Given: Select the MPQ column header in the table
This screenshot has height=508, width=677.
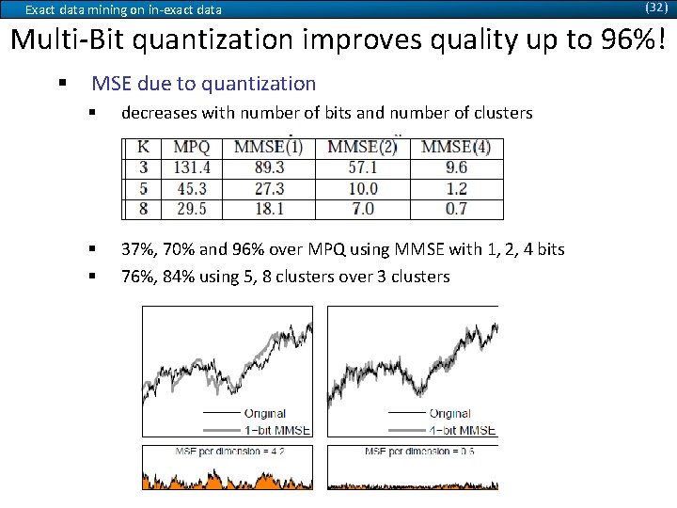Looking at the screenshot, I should click(x=192, y=148).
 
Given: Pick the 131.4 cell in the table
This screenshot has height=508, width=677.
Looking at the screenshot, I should click(x=192, y=167).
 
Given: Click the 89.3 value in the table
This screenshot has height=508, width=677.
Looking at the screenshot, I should click(x=268, y=167).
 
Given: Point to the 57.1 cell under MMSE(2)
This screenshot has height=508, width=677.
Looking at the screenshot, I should click(x=362, y=167).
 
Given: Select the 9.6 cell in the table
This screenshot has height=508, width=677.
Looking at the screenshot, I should click(x=456, y=167).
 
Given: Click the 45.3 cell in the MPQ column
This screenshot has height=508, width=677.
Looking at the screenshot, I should click(x=192, y=188).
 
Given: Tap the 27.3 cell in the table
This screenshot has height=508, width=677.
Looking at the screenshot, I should click(x=268, y=188).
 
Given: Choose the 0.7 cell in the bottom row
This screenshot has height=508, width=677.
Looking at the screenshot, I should click(x=456, y=209).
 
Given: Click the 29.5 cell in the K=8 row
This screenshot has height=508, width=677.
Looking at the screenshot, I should click(x=192, y=209).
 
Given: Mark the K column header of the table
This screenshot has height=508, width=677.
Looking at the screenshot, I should click(x=143, y=148).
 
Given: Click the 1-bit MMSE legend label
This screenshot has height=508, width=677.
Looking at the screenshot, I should click(x=277, y=430).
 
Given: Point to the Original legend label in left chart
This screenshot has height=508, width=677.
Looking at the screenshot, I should click(x=265, y=414).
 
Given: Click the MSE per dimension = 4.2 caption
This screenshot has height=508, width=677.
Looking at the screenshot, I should click(x=229, y=452).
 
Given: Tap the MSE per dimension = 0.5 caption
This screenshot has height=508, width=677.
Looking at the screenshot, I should click(x=419, y=452).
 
